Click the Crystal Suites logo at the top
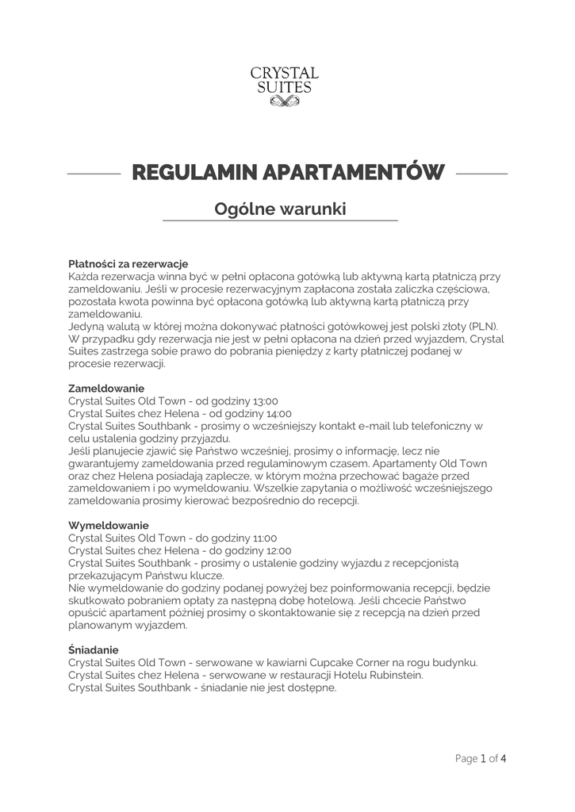pos(285,84)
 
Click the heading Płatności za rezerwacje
pos(128,264)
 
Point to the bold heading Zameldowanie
pos(106,389)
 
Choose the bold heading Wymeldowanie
pos(108,526)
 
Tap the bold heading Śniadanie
pos(94,650)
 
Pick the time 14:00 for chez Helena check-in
pos(278,413)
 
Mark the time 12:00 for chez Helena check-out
pos(277,550)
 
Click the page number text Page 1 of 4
pos(481,758)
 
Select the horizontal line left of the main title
pos(93,173)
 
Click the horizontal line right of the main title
pos(482,173)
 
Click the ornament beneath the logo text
pos(285,101)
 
